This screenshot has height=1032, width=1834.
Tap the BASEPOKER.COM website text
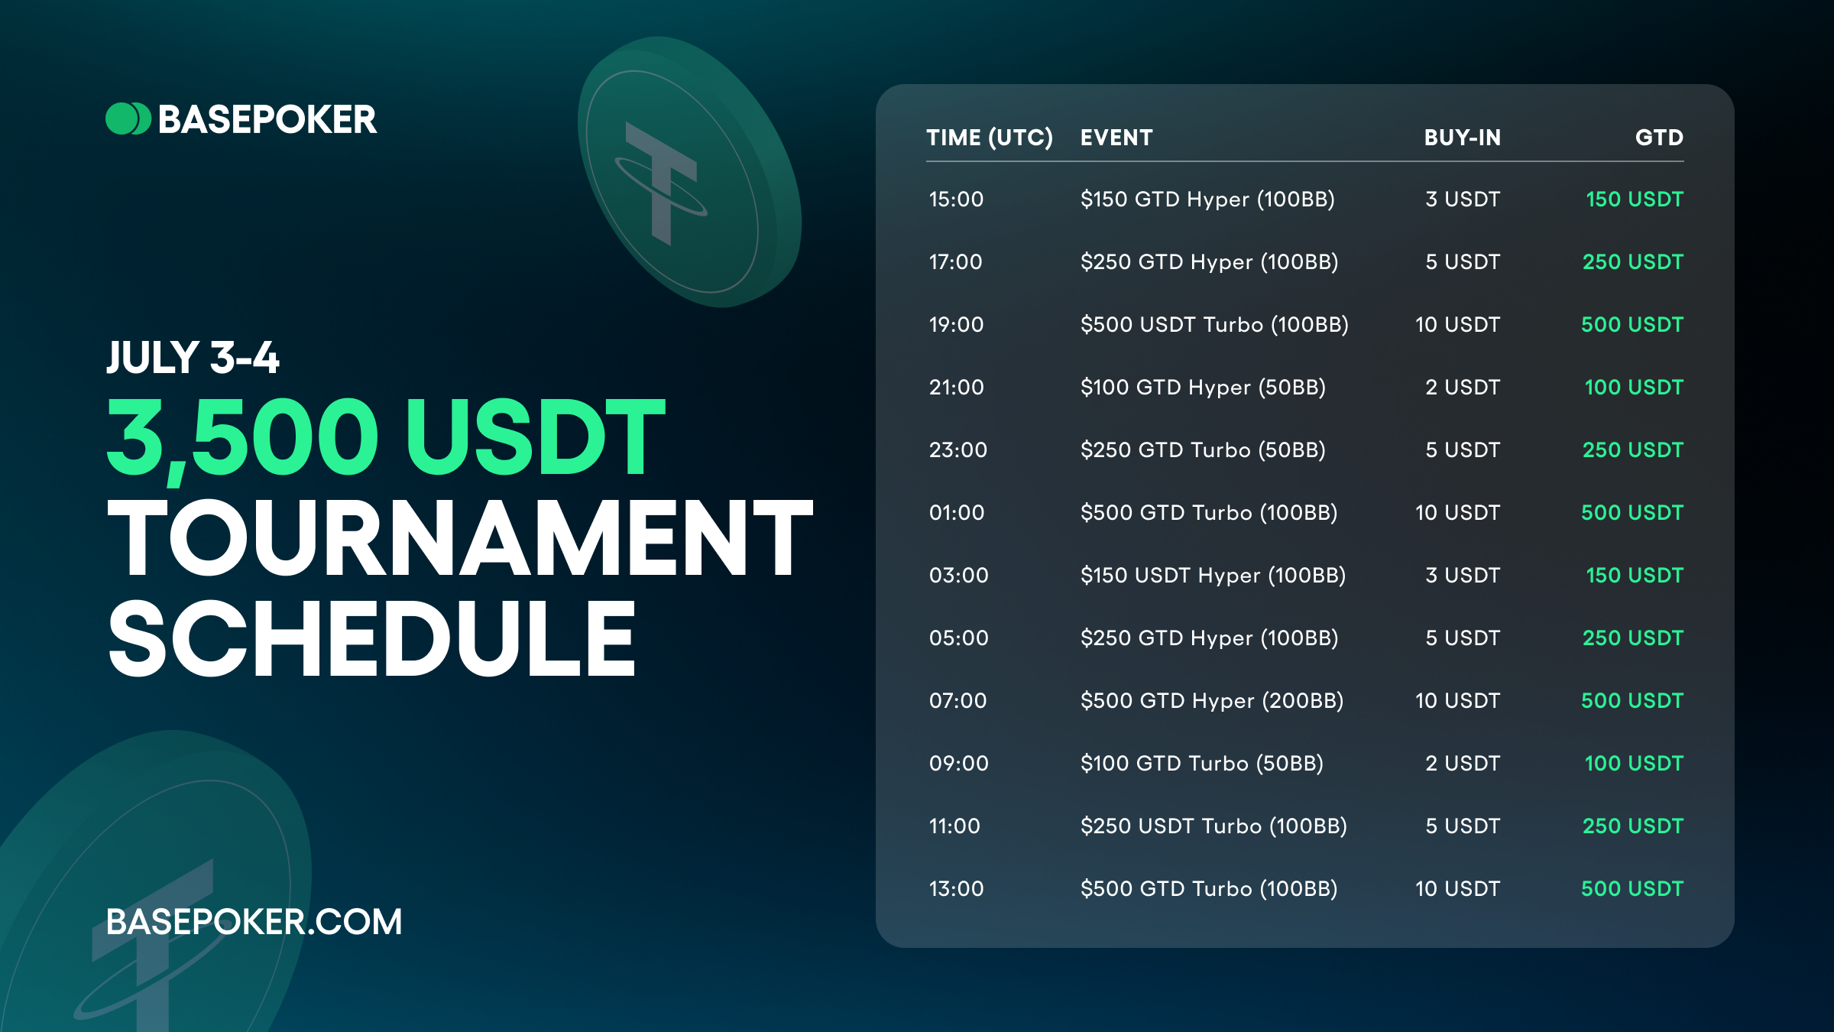point(254,922)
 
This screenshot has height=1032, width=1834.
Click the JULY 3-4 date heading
point(193,358)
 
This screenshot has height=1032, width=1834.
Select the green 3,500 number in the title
point(242,437)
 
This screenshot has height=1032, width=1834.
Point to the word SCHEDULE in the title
point(372,638)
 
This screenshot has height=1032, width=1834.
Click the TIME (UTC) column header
point(990,138)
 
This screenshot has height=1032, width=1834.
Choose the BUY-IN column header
point(1463,138)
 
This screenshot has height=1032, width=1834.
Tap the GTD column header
point(1659,138)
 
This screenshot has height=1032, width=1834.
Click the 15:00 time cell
point(956,200)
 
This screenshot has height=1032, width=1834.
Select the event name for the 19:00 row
point(1214,325)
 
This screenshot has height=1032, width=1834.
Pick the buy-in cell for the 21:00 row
point(1463,388)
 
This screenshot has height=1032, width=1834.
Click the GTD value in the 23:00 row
point(1633,450)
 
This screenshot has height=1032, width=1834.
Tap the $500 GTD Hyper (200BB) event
point(1212,701)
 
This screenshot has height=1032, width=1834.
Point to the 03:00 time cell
point(959,576)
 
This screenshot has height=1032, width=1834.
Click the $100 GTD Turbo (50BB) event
point(1202,764)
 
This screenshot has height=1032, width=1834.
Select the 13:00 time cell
point(956,889)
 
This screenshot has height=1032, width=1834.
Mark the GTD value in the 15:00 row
point(1635,200)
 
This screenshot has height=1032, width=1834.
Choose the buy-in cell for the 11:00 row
point(1463,826)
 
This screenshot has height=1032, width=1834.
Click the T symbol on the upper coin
point(662,183)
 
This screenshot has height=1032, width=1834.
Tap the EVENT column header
point(1116,138)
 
